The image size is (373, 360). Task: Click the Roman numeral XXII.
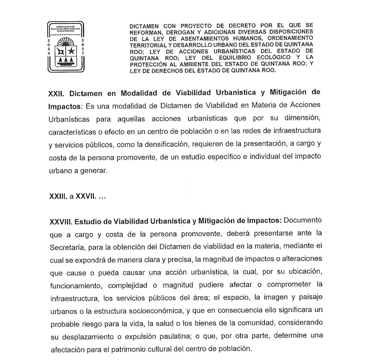(x=57, y=92)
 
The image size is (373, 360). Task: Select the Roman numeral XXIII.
(x=58, y=196)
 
